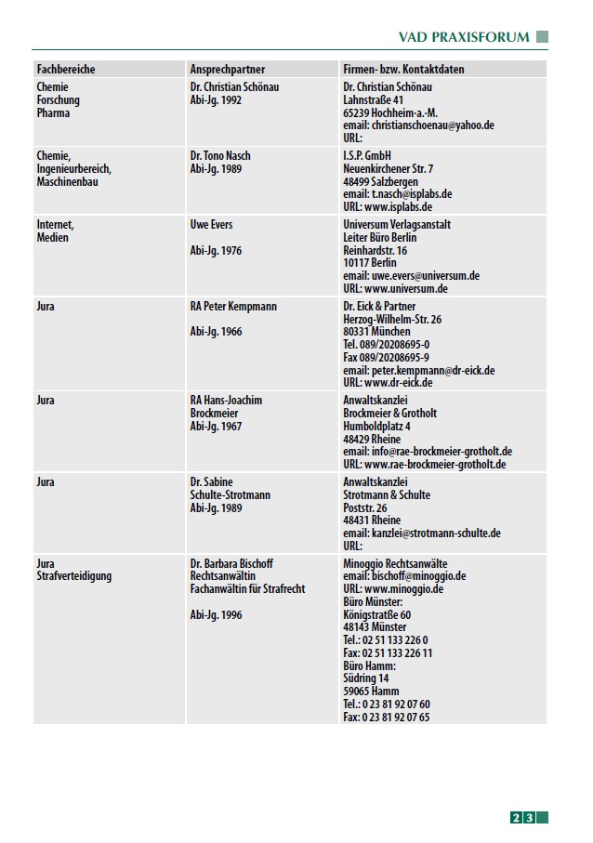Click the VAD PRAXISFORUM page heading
pyautogui.click(x=463, y=37)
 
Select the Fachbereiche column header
pyautogui.click(x=66, y=70)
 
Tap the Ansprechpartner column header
pyautogui.click(x=228, y=70)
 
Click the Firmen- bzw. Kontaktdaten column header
pyautogui.click(x=403, y=70)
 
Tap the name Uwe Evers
pyautogui.click(x=213, y=225)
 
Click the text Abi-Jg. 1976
pyautogui.click(x=216, y=250)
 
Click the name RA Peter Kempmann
pyautogui.click(x=233, y=307)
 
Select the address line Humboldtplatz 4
pyautogui.click(x=377, y=426)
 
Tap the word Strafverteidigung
pyautogui.click(x=74, y=576)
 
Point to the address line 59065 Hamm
pyautogui.click(x=371, y=692)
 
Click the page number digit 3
pyautogui.click(x=529, y=818)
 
